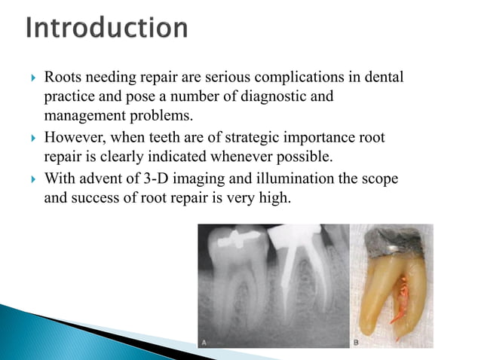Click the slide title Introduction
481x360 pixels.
[106, 29]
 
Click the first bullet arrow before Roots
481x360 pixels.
[30, 78]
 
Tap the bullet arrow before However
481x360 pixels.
[30, 138]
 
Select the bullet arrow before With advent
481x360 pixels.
[30, 179]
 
